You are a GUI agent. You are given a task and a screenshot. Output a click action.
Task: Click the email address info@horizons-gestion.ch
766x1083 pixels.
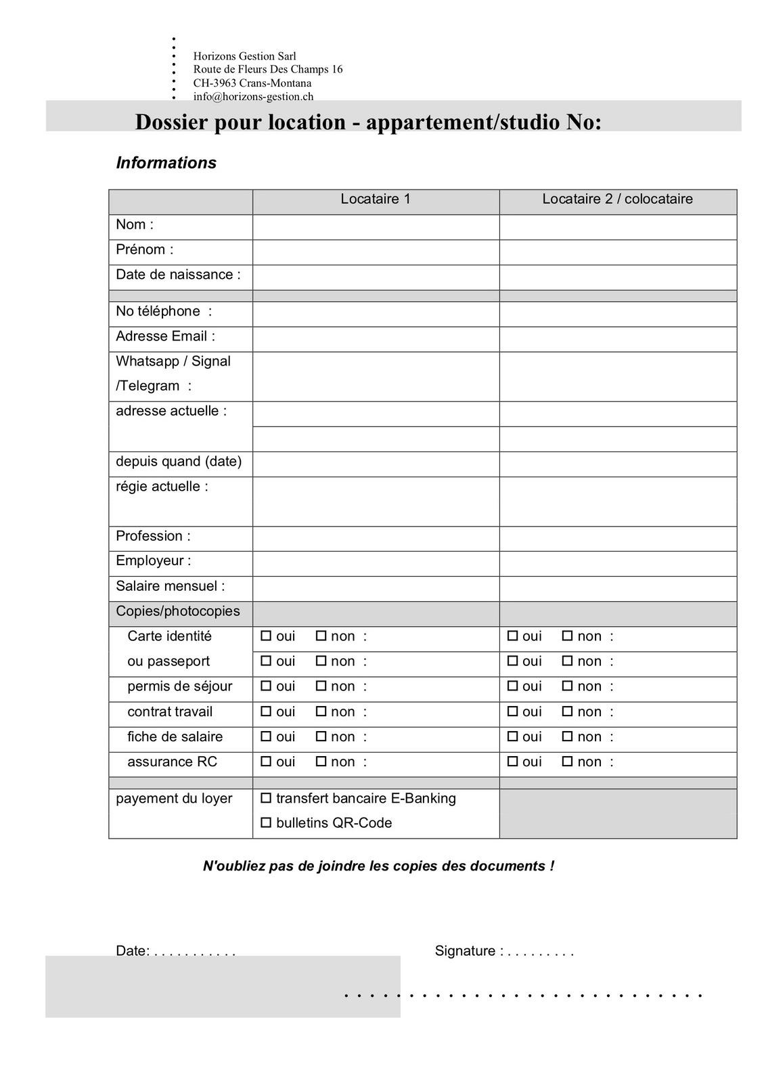[x=253, y=96]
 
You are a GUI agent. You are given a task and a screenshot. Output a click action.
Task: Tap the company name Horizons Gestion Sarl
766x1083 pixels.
[x=244, y=56]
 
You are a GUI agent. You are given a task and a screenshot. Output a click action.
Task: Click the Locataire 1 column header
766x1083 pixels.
[x=376, y=199]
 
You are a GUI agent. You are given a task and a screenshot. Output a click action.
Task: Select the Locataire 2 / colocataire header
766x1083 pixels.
[x=617, y=199]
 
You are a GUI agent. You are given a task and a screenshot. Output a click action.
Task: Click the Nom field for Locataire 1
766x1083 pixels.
[x=376, y=227]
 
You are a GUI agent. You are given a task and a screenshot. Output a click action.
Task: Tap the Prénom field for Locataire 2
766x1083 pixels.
[x=617, y=252]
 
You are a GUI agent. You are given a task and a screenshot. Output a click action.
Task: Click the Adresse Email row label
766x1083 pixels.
[x=166, y=336]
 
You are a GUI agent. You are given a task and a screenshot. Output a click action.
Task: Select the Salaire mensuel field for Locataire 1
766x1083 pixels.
[x=376, y=589]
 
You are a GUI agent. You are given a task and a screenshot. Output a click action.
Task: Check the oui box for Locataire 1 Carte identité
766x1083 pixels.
[x=266, y=636]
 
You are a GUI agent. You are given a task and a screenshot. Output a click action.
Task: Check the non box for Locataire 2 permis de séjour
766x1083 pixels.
[x=567, y=686]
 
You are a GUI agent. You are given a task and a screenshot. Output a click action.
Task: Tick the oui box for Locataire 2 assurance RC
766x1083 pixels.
[x=512, y=761]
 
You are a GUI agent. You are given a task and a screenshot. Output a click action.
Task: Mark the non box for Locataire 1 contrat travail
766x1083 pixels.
[x=321, y=711]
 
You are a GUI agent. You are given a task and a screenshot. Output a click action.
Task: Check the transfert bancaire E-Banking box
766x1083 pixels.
[x=266, y=798]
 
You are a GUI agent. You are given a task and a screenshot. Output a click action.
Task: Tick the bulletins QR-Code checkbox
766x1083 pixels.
[x=266, y=823]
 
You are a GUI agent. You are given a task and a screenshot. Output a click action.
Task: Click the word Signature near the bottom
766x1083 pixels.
[x=465, y=951]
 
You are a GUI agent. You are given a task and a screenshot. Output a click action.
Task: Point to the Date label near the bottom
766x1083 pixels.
[x=131, y=951]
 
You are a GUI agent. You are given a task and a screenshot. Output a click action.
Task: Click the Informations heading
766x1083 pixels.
[x=166, y=163]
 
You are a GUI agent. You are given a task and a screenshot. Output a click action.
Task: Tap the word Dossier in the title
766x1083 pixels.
[x=173, y=123]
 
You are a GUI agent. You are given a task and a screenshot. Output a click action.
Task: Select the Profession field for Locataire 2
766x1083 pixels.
[x=617, y=539]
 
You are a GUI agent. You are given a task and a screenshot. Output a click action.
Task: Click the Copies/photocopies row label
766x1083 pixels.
[x=178, y=611]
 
